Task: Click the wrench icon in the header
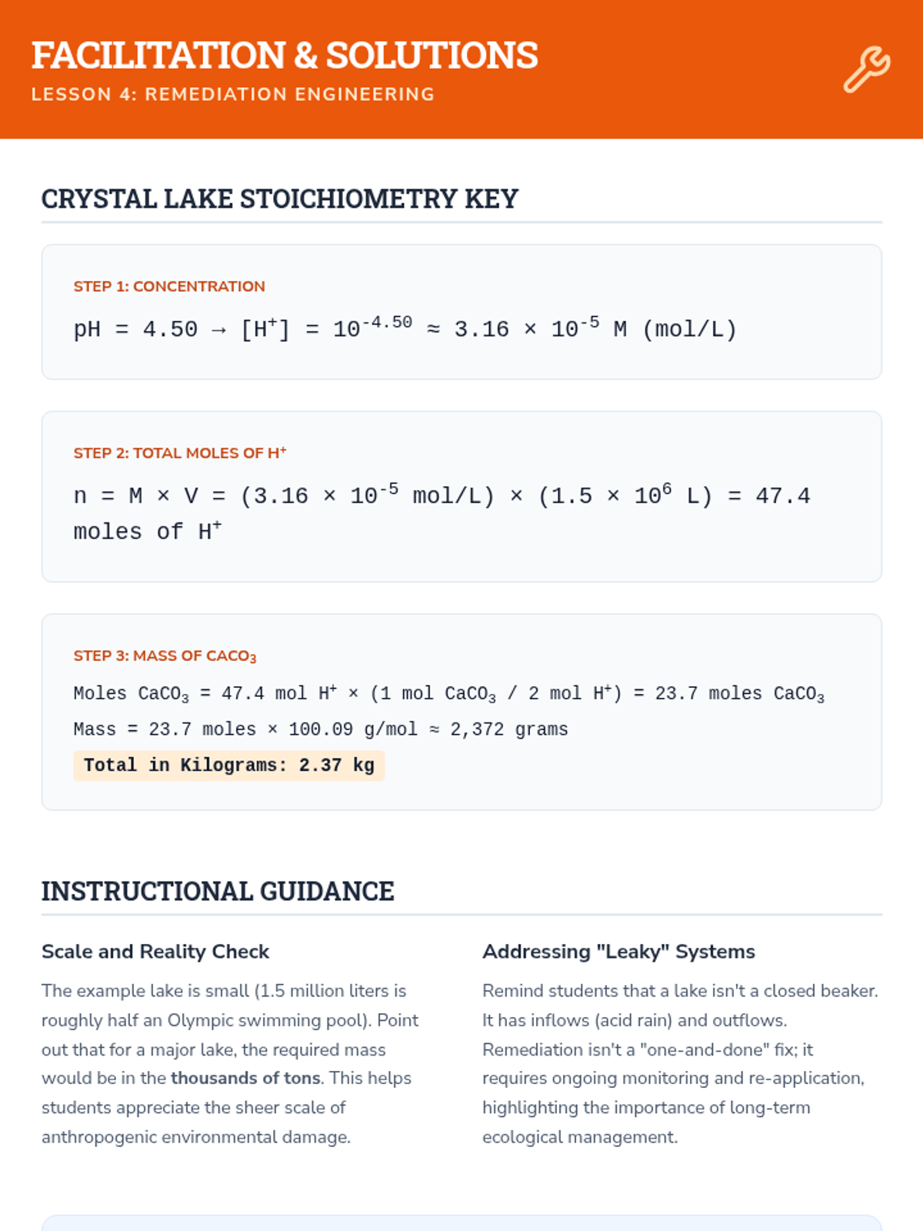[x=867, y=69]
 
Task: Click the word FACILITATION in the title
[x=158, y=55]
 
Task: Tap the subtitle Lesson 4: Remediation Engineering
[x=233, y=94]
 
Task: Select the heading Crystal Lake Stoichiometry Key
[x=279, y=198]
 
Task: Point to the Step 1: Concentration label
[x=169, y=286]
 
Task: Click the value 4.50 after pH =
[x=170, y=330]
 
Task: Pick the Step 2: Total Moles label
[x=180, y=453]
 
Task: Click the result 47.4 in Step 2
[x=782, y=496]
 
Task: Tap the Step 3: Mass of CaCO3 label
[x=165, y=656]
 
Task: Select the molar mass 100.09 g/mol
[x=352, y=729]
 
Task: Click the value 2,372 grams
[x=508, y=729]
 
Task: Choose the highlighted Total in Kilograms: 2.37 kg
[x=229, y=766]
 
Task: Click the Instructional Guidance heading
[x=218, y=891]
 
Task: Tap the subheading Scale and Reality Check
[x=155, y=952]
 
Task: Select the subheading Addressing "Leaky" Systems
[x=618, y=952]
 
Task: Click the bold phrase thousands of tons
[x=245, y=1079]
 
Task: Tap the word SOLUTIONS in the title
[x=432, y=55]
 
